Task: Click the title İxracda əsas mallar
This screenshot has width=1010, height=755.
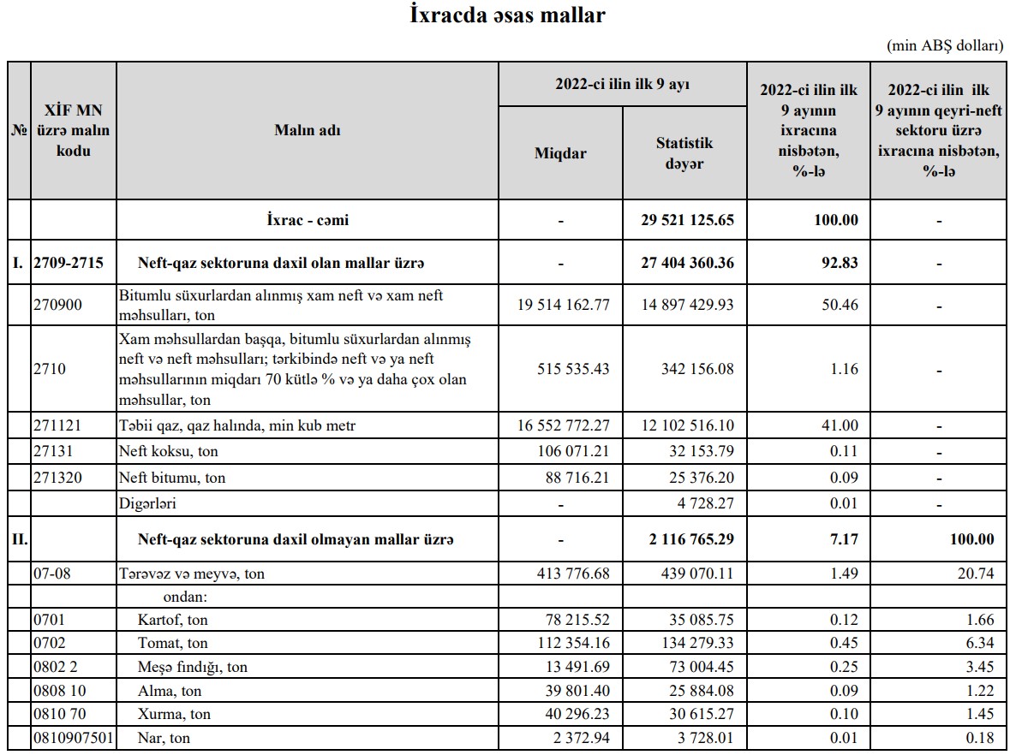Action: tap(508, 15)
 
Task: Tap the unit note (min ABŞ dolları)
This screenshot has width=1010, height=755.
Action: tap(945, 46)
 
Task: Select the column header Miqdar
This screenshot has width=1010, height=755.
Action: tap(560, 153)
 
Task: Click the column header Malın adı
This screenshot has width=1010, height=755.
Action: tap(307, 130)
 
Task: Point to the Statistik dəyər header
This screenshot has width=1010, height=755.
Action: tap(684, 153)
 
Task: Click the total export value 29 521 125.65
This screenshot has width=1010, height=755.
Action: tap(688, 220)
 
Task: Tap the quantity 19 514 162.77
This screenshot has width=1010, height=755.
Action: tap(565, 305)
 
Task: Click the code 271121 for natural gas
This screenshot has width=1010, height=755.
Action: tap(57, 425)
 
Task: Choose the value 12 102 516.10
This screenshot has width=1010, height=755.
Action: tap(688, 425)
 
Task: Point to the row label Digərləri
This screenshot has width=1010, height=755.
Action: tap(147, 503)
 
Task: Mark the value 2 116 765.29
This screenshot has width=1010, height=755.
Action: tap(688, 539)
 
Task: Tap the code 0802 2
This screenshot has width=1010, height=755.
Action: tap(57, 667)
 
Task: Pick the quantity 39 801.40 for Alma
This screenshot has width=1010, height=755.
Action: tap(576, 690)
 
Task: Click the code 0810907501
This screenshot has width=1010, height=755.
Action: tap(73, 738)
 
